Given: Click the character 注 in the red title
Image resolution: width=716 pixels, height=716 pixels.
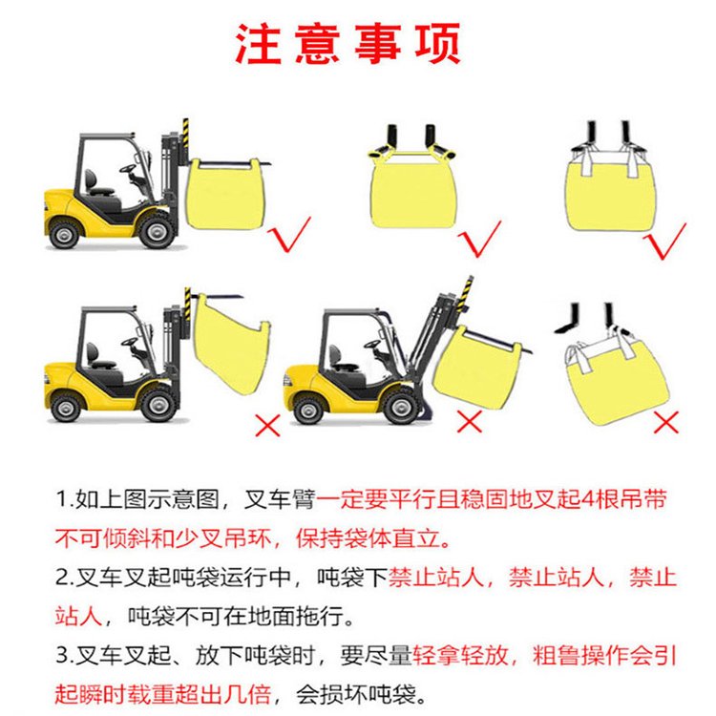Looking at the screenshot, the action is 258,43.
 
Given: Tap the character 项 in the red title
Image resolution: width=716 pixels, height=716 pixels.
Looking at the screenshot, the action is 437,43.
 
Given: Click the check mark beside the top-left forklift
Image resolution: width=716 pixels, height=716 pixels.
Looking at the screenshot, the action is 288,235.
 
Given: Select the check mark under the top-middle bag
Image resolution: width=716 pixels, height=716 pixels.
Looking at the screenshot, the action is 479,239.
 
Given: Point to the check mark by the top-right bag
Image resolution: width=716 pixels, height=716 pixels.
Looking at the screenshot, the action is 664,241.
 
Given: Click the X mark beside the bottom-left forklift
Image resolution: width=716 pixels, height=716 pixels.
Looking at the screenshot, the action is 267,425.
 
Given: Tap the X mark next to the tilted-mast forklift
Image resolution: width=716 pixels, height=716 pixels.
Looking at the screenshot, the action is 470,421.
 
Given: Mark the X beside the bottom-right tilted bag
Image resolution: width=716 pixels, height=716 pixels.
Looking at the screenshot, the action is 665,422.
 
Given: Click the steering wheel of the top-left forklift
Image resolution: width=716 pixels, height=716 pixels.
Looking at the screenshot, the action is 128,168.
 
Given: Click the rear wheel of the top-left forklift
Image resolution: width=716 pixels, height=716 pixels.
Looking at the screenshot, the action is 64,234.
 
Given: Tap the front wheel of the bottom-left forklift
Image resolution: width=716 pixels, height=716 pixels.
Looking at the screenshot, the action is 158,404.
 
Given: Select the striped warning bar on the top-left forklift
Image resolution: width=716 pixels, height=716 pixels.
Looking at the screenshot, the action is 186,133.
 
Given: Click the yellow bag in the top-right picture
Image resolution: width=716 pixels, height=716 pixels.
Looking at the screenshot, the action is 612,192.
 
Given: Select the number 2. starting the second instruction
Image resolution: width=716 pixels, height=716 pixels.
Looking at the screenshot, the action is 65,578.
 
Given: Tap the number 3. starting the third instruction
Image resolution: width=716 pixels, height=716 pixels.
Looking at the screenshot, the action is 65,655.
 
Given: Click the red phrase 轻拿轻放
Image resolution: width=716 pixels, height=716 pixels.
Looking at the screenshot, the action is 460,655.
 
